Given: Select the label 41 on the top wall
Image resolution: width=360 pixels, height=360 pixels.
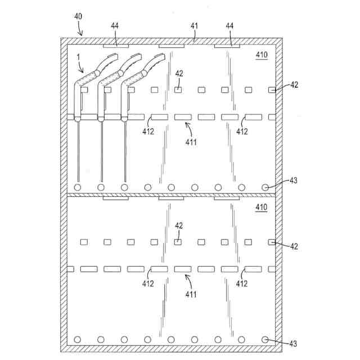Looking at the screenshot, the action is pyautogui.click(x=194, y=26).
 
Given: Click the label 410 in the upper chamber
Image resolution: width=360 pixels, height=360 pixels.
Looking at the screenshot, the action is pyautogui.click(x=262, y=55).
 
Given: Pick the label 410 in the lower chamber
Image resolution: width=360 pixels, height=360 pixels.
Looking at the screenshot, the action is pyautogui.click(x=262, y=208).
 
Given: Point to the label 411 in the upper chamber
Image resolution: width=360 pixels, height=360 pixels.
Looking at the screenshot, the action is pyautogui.click(x=191, y=142).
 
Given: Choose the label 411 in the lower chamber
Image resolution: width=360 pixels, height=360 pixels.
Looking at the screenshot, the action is pyautogui.click(x=191, y=295).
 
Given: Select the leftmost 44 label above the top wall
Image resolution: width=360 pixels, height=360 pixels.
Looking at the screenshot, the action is pyautogui.click(x=115, y=26).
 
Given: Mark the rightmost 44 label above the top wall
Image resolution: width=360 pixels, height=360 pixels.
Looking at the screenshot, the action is pyautogui.click(x=230, y=26).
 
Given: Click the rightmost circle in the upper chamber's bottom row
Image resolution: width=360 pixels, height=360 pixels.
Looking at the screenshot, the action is pyautogui.click(x=265, y=187).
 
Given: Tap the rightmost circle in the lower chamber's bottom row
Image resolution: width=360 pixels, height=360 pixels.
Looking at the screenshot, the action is pyautogui.click(x=265, y=339).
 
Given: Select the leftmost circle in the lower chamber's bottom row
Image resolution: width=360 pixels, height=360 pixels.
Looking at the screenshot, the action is pyautogui.click(x=78, y=339).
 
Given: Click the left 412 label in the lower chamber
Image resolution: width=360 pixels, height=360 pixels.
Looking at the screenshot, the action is pyautogui.click(x=147, y=283).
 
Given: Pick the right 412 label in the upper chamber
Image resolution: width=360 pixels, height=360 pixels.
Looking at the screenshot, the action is pyautogui.click(x=242, y=132).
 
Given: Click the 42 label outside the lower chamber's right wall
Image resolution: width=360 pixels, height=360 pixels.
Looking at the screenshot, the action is pyautogui.click(x=294, y=246).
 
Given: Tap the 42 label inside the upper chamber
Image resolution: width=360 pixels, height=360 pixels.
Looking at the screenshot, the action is pyautogui.click(x=179, y=73).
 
